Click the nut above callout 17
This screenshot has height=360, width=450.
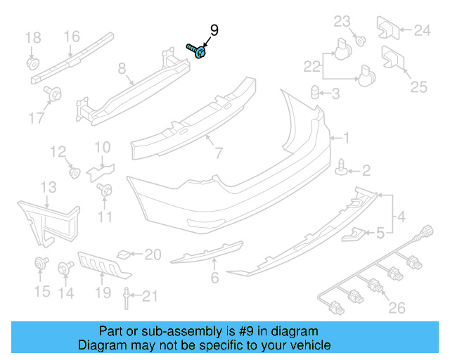pos(52,92)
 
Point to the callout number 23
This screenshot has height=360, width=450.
pos(342,22)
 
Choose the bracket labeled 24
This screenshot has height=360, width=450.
pos(388,27)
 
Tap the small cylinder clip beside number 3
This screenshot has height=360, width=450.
pos(316,92)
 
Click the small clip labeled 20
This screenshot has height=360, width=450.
pos(123,254)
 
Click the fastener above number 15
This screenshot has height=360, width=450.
pos(41,265)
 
